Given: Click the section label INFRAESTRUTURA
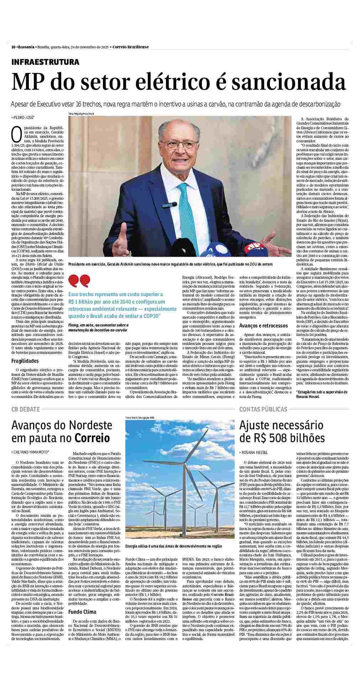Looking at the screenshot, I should pyautogui.click(x=45, y=62).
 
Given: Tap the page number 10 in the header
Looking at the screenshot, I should pyautogui.click(x=13, y=47).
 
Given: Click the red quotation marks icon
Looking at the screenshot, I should pyautogui.click(x=79, y=281).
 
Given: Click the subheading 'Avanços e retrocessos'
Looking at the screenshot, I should pyautogui.click(x=263, y=325).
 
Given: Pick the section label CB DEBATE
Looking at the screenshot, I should pyautogui.click(x=25, y=409).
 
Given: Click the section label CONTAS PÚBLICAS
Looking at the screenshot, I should pyautogui.click(x=263, y=409).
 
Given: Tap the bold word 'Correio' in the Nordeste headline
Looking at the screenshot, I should pyautogui.click(x=92, y=438).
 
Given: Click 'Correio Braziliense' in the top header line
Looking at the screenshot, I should pyautogui.click(x=130, y=47).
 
